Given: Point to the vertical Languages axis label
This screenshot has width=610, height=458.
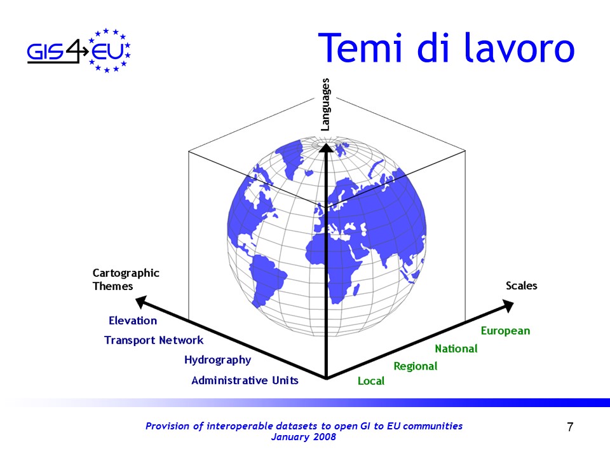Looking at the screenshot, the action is pos(325,104).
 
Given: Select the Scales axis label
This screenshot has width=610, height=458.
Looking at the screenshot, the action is pos(521,286).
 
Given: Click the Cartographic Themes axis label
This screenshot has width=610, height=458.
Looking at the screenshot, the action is pos(126,280).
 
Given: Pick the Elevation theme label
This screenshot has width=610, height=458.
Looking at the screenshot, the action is pos(133,321).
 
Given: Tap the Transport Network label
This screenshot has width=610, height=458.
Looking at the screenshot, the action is pos(154,340).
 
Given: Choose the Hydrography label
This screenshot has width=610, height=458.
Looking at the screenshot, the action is pos(217,360).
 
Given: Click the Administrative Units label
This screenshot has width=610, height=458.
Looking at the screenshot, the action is pos(245,380).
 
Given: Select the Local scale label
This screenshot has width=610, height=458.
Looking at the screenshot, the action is pos(370,381).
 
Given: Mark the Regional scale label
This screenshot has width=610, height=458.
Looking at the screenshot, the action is pos(416,366).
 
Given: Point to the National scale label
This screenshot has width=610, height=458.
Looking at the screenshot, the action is pos(456,349).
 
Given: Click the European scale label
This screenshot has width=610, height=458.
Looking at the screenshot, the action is pos(505,331).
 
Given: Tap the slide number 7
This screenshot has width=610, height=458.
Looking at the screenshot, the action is pos(570,427).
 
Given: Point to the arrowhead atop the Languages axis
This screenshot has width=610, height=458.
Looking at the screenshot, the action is pos(326,147).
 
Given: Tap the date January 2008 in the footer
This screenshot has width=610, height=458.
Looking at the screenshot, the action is pos(304,436).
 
